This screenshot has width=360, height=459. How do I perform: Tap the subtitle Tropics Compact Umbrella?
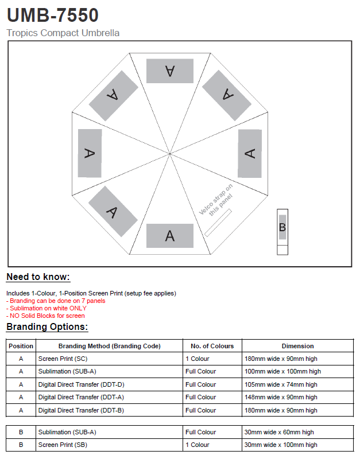click(x=63, y=33)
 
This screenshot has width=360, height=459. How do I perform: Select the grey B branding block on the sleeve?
click(x=282, y=227)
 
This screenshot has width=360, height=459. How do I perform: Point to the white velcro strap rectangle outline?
click(x=218, y=223)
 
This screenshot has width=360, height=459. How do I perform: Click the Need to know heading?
click(x=38, y=277)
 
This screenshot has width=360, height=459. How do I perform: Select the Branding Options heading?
click(x=47, y=327)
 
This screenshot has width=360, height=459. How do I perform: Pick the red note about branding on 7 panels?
click(x=57, y=301)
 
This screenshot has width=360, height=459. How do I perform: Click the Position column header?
click(x=21, y=346)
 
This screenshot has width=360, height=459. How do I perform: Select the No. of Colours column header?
click(x=212, y=346)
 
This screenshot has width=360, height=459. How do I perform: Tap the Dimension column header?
click(x=297, y=346)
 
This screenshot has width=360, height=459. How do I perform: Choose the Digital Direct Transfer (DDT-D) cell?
click(x=81, y=384)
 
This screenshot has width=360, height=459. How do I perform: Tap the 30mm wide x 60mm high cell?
click(x=279, y=432)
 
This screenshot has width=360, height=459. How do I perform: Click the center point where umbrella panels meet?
click(x=170, y=153)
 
